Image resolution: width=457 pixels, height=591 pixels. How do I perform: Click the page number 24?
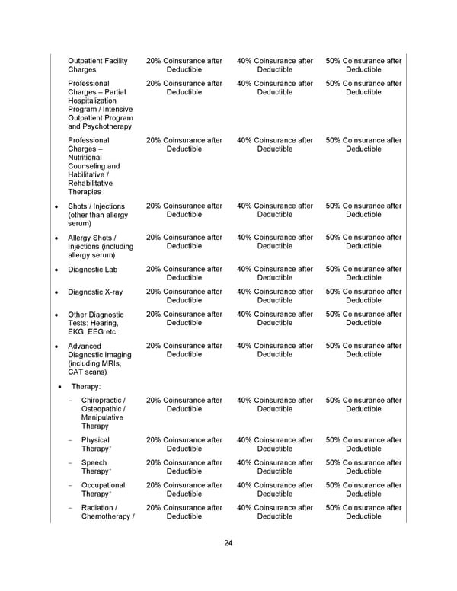[x=228, y=543]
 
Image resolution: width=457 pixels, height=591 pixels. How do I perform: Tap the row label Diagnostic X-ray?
[x=95, y=292]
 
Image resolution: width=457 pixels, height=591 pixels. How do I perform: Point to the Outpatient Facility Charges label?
[x=97, y=65]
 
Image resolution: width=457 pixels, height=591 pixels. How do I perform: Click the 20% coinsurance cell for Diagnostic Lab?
[x=184, y=273]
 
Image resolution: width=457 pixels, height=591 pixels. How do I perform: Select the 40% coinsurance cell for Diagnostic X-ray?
[x=275, y=296]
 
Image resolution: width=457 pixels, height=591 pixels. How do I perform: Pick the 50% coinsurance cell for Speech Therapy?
[x=363, y=467]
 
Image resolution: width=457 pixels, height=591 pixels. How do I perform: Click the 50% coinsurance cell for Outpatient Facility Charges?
[x=363, y=65]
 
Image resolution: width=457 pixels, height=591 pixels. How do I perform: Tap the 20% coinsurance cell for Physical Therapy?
[x=184, y=445]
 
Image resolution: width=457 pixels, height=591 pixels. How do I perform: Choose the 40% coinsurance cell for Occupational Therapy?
[x=275, y=489]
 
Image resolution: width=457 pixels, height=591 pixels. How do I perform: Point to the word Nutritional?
[x=88, y=158]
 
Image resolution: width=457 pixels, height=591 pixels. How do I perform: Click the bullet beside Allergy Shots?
[x=56, y=238]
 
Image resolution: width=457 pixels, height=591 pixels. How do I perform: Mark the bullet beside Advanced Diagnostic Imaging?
[x=56, y=346]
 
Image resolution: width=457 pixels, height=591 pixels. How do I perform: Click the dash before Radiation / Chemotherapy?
[x=70, y=507]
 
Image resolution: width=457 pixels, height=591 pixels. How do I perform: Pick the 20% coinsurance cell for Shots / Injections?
[x=184, y=210]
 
